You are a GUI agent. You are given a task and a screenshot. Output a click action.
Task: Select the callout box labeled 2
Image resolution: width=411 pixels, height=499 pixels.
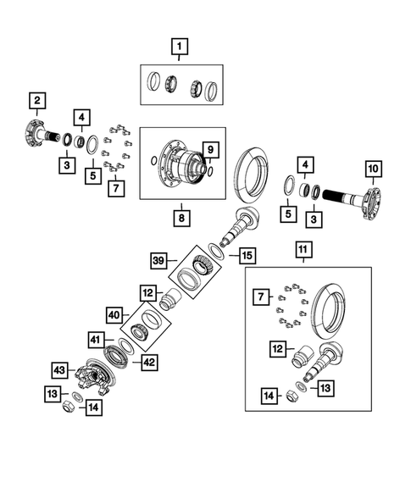pos(36,103)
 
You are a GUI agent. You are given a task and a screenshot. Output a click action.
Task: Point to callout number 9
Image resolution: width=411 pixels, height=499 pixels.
pos(211,151)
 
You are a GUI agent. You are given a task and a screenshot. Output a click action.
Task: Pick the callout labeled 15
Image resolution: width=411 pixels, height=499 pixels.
pos(246,255)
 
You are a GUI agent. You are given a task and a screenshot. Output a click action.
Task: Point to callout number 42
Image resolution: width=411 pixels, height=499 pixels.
pos(150,362)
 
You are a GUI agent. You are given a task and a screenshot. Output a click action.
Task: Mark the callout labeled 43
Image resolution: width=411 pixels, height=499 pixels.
pos(58,370)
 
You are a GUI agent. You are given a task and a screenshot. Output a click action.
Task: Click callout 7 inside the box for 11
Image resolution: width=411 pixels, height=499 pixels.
pos(263,297)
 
